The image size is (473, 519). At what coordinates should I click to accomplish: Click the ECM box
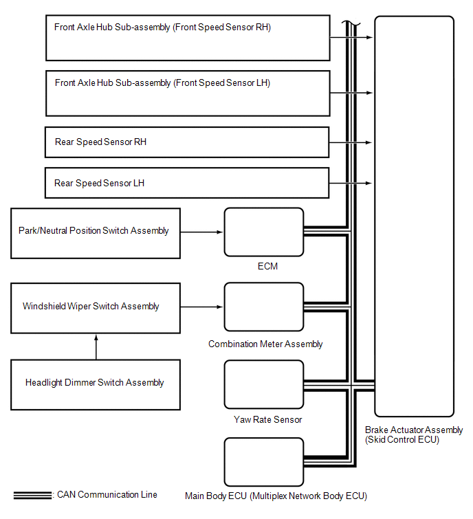tap(264, 232)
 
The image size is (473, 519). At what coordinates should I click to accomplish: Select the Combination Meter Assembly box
tap(264, 307)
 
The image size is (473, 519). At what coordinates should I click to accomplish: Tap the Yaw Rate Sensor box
tap(264, 384)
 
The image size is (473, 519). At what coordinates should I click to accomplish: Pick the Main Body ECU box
tap(264, 461)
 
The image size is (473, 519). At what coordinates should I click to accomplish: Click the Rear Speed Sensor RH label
tap(100, 142)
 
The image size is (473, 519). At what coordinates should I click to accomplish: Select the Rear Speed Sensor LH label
tap(100, 184)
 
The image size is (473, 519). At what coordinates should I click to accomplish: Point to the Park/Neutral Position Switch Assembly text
tap(93, 231)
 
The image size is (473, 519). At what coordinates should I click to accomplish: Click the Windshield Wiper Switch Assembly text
tap(91, 307)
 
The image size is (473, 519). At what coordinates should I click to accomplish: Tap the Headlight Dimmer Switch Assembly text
tap(95, 383)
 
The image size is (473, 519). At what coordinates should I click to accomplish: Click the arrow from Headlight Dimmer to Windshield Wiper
tap(96, 347)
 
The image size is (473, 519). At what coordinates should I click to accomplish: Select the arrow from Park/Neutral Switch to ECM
tap(202, 232)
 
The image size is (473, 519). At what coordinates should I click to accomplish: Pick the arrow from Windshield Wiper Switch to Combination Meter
tap(202, 307)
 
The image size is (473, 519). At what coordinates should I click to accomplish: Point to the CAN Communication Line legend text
tap(107, 494)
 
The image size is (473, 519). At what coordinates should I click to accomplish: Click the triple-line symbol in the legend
tap(32, 495)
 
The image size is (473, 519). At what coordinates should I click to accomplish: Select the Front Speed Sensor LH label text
tap(162, 83)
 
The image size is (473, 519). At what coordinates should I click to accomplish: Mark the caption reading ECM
tap(264, 266)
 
